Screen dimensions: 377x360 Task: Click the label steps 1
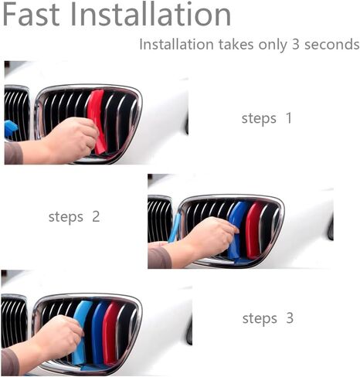(267, 119)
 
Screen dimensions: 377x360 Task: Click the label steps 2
(74, 217)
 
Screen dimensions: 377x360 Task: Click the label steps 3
(267, 318)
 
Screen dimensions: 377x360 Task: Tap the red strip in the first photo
(97, 116)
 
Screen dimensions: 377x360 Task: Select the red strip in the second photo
(253, 229)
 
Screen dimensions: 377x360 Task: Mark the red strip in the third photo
(113, 332)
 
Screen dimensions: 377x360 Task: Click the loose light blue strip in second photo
(175, 227)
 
